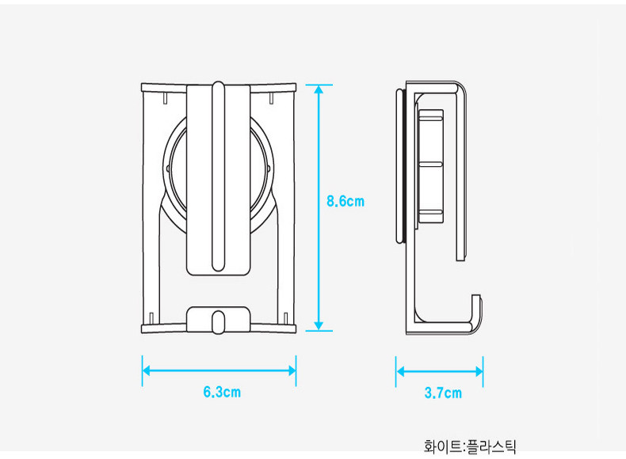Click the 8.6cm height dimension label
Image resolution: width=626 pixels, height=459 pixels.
click(345, 201)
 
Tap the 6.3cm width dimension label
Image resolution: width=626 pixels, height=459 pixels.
click(222, 392)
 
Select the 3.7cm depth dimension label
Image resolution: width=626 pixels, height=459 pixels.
click(442, 393)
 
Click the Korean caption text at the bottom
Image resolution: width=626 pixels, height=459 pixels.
click(470, 447)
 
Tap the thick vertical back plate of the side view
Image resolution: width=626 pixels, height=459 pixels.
click(400, 166)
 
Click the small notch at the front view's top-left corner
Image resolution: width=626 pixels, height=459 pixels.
click(162, 99)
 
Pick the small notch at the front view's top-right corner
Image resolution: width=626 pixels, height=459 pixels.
click(273, 99)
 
